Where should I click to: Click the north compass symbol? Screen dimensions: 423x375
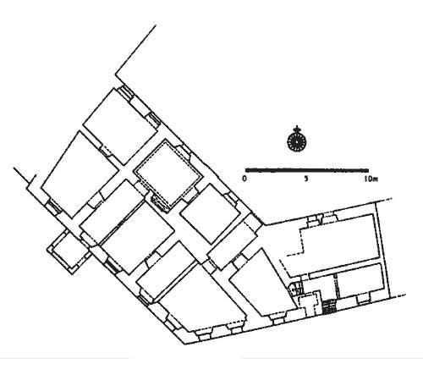tap(296, 141)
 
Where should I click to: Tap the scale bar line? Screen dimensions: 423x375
tap(307, 170)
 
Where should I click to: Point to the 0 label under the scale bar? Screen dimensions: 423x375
tap(244, 179)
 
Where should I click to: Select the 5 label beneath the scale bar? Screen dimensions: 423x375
tap(306, 179)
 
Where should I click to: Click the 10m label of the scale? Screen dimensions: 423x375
tap(371, 179)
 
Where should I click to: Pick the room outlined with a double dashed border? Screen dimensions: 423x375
tap(168, 174)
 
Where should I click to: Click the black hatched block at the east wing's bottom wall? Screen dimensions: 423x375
tap(329, 307)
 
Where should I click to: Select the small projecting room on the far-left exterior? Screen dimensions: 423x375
tap(67, 251)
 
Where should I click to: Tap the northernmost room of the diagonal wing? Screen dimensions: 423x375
tap(120, 127)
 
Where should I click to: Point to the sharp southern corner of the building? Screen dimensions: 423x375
tap(184, 344)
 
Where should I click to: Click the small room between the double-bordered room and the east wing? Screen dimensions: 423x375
tap(210, 213)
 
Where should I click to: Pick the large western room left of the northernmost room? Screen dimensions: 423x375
tap(80, 175)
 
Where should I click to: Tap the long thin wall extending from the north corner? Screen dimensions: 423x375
tap(135, 50)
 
